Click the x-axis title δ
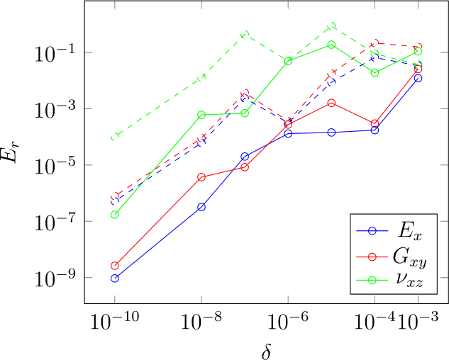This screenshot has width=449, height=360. (266, 350)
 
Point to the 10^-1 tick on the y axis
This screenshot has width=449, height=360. (56, 53)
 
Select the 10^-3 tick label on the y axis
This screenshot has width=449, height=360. (56, 109)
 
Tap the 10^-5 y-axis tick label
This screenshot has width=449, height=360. (56, 165)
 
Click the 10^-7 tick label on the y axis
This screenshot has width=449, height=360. (56, 222)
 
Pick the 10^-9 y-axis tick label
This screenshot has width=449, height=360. (56, 278)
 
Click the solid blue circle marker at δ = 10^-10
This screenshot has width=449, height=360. (115, 279)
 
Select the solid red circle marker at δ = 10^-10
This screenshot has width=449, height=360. (115, 266)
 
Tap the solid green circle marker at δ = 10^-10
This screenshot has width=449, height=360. (115, 215)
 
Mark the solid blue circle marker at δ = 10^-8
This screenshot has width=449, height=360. (201, 207)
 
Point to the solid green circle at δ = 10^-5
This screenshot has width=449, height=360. (331, 45)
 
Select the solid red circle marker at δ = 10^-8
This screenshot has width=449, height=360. (201, 177)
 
